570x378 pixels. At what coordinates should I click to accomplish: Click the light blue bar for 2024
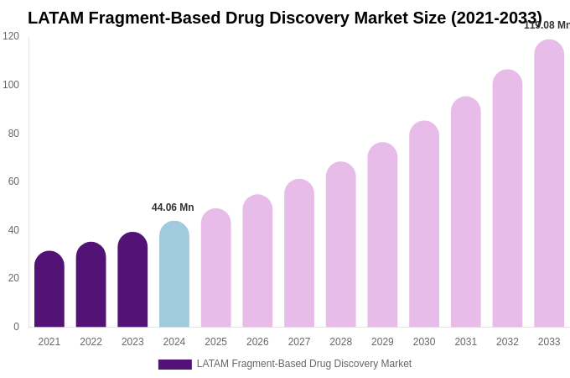coord(174,275)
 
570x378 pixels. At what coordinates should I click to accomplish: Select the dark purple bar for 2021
coord(49,290)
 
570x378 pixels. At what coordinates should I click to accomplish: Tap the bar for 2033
coord(549,184)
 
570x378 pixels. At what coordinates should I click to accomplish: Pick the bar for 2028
coord(340,245)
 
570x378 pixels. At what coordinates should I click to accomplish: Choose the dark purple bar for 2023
coord(132,281)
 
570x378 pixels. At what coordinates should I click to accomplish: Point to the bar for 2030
coord(424,224)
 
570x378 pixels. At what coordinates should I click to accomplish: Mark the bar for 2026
coord(257,261)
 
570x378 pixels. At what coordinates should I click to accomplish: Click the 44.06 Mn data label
coord(173,207)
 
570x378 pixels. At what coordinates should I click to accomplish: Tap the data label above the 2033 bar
coord(547,25)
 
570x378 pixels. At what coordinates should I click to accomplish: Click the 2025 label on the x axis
coord(215,342)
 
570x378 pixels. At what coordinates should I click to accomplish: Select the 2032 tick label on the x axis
coord(507,342)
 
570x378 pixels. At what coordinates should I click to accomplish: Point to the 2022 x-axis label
coord(91,342)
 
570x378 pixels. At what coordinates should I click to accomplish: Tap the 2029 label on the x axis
coord(382,342)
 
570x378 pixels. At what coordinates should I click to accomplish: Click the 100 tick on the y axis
coord(11,85)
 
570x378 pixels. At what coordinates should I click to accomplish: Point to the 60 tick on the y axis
coord(13,181)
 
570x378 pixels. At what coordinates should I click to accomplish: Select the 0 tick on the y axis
coord(16,327)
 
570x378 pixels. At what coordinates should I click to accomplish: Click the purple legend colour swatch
coord(174,365)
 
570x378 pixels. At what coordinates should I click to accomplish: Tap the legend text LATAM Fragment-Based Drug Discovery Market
coord(304,364)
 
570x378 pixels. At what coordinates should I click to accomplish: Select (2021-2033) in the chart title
coord(496,18)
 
